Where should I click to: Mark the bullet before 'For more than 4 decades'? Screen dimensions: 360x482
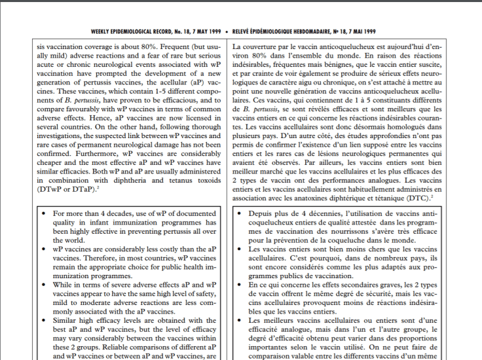tap(43, 214)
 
